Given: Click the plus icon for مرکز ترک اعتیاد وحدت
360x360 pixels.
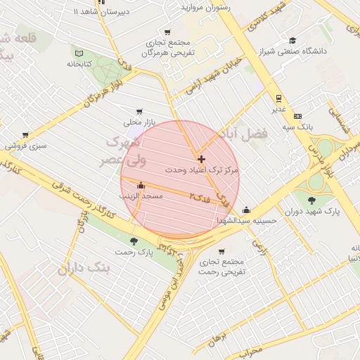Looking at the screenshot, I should [202, 160].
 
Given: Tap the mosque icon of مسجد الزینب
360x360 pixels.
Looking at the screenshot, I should [141, 186].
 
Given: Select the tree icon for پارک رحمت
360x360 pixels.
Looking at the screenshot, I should [134, 241].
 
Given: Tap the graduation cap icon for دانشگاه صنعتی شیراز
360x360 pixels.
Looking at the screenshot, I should [292, 40].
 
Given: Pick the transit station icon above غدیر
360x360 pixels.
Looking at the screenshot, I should [279, 98].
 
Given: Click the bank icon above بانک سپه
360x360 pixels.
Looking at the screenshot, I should [297, 116].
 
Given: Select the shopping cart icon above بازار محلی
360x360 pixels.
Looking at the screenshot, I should [139, 111].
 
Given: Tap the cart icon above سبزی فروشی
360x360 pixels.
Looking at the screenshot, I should [25, 134].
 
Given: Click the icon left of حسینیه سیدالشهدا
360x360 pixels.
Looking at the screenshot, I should [246, 210].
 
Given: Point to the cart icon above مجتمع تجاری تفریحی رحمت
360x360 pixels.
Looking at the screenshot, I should [221, 251].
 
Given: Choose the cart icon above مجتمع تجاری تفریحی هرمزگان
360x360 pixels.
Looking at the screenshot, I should [167, 32].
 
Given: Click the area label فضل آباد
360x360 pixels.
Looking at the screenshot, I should [250, 133].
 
